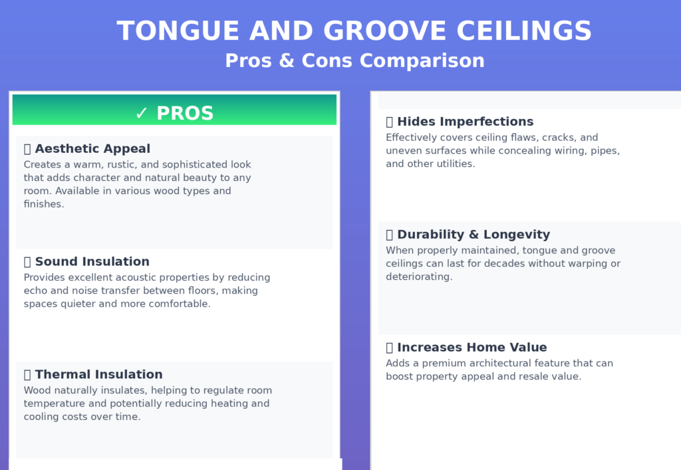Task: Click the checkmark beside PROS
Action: click(x=141, y=114)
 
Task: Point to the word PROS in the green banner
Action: click(x=185, y=114)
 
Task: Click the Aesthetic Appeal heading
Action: click(x=92, y=149)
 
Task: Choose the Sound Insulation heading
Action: click(x=92, y=262)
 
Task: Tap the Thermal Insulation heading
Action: click(x=98, y=375)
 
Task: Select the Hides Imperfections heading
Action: click(x=465, y=122)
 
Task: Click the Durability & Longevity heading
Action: click(x=474, y=235)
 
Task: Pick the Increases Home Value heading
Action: click(x=472, y=348)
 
